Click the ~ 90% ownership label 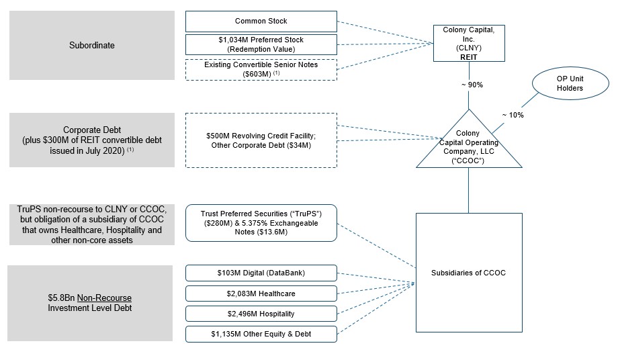coord(472,85)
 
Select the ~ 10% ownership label coord(513,115)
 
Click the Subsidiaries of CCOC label coord(468,273)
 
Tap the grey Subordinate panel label coord(92,45)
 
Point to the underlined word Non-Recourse coord(104,298)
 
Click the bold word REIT coord(469,57)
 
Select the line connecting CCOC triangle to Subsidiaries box coord(469,191)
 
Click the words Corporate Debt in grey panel coord(92,130)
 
